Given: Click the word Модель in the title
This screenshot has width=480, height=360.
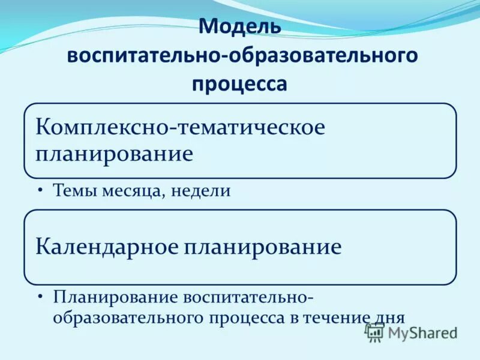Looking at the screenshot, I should [239, 27].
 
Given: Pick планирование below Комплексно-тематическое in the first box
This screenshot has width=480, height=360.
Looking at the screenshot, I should [114, 154].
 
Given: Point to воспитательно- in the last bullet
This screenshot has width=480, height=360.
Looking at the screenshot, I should [248, 297].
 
